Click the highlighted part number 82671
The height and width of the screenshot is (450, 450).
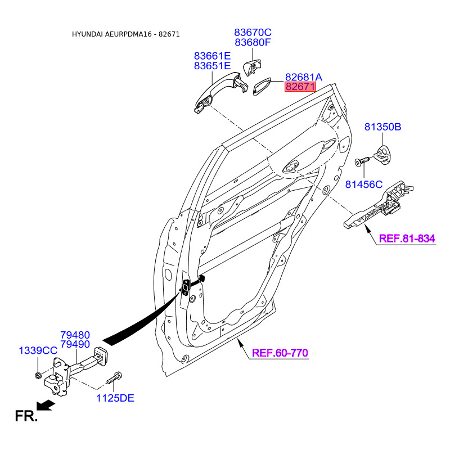tap(300, 87)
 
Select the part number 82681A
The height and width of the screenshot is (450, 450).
tap(304, 77)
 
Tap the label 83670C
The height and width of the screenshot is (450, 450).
tap(253, 32)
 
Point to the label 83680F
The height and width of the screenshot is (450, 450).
tap(253, 42)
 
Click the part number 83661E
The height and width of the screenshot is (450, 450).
tap(213, 55)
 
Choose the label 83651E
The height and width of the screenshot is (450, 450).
tap(213, 66)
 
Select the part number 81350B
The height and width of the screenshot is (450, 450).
tap(383, 127)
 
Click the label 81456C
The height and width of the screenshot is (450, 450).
tap(364, 184)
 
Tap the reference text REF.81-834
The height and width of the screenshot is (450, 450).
tap(407, 238)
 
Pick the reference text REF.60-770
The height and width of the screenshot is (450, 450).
tap(280, 353)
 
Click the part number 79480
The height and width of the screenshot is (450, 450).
tap(75, 335)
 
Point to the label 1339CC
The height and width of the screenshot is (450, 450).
tap(38, 350)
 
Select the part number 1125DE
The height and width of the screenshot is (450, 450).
tap(115, 398)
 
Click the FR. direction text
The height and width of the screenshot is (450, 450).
tap(26, 416)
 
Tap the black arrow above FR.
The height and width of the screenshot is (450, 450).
tap(46, 405)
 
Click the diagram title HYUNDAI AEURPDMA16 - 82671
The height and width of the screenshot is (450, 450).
tap(125, 34)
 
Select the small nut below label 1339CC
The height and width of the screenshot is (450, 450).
tap(38, 375)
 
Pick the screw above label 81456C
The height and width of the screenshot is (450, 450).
tap(362, 161)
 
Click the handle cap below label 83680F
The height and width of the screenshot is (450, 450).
tap(251, 67)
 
